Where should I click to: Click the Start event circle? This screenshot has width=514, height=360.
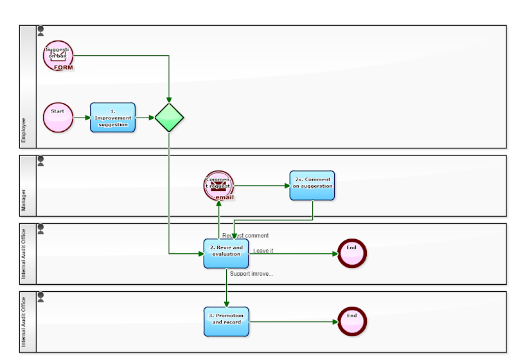pyautogui.click(x=58, y=118)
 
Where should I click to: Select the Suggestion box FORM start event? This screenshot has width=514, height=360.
pyautogui.click(x=58, y=55)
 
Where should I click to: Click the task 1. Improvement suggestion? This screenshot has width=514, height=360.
pyautogui.click(x=112, y=118)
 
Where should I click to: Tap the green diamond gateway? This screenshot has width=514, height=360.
pyautogui.click(x=169, y=118)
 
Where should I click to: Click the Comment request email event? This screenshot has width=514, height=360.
pyautogui.click(x=218, y=185)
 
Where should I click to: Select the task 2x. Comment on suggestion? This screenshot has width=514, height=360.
pyautogui.click(x=312, y=185)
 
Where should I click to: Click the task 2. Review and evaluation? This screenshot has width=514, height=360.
pyautogui.click(x=226, y=253)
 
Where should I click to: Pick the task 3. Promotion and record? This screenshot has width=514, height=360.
pyautogui.click(x=226, y=321)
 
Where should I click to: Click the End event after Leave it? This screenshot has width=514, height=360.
pyautogui.click(x=351, y=253)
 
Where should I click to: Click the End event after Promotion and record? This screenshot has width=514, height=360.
pyautogui.click(x=351, y=321)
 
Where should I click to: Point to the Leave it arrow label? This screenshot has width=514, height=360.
pyautogui.click(x=263, y=251)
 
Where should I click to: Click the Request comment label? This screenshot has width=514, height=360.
pyautogui.click(x=245, y=236)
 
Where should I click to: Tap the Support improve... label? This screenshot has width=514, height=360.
pyautogui.click(x=251, y=274)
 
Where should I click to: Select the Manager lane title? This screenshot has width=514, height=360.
pyautogui.click(x=24, y=200)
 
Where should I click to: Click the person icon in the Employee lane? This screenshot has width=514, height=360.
pyautogui.click(x=41, y=30)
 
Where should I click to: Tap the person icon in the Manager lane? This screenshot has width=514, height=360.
pyautogui.click(x=41, y=160)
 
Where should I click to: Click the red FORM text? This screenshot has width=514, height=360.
pyautogui.click(x=63, y=67)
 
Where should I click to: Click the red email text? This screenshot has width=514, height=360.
pyautogui.click(x=224, y=197)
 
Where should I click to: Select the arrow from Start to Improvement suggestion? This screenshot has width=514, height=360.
pyautogui.click(x=82, y=118)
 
